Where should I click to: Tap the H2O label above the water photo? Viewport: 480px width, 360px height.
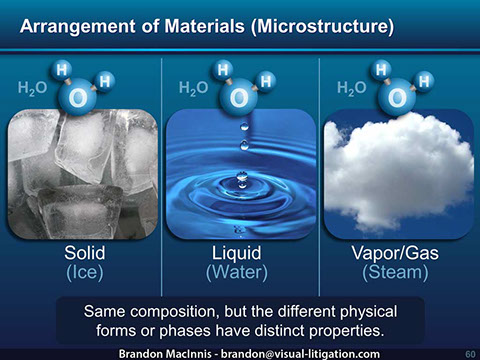click(x=192, y=89)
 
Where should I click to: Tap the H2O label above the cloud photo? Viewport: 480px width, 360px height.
click(x=352, y=89)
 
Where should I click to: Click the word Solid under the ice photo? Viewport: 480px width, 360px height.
click(x=84, y=251)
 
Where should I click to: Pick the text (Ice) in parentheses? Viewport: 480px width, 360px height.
click(x=84, y=270)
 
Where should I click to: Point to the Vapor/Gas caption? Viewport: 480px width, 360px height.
click(x=398, y=251)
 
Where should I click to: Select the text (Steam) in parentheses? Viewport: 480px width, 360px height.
click(x=398, y=270)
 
